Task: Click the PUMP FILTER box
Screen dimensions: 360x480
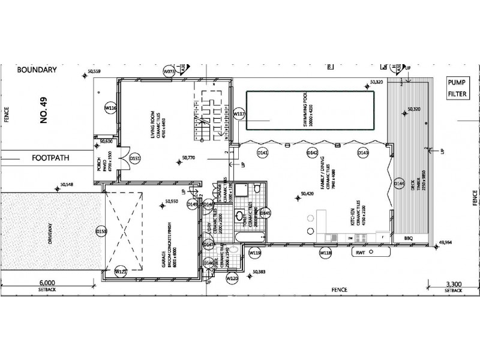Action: pos(458,88)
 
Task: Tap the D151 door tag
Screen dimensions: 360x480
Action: pos(135,159)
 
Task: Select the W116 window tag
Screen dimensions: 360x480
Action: pos(110,107)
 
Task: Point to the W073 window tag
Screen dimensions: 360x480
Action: pos(169,71)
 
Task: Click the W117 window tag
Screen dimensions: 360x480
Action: pos(239,113)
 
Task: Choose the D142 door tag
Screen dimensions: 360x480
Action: pos(312,153)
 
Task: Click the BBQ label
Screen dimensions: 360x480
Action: pos(410,238)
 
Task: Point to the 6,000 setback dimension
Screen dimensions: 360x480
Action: pos(47,283)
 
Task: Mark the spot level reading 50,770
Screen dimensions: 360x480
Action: pos(190,158)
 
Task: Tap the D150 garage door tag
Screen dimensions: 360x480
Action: pos(101,230)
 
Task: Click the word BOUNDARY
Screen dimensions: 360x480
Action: pos(37,70)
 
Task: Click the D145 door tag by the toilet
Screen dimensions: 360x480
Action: pos(266,213)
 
